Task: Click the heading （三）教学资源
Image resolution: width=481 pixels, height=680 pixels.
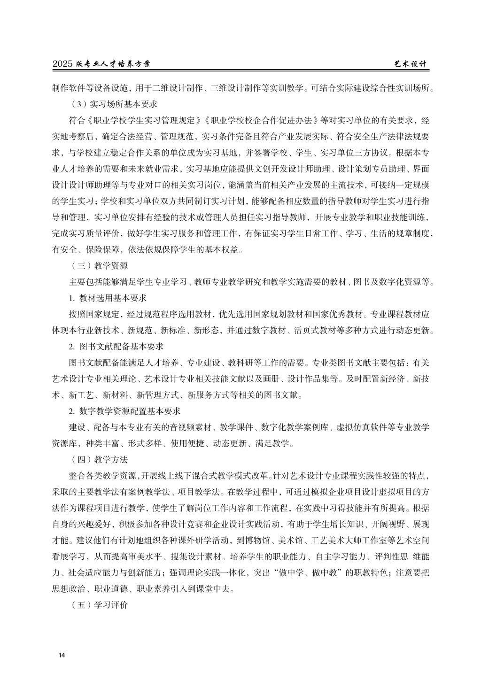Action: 98,266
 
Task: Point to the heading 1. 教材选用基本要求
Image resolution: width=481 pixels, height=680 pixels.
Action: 108,298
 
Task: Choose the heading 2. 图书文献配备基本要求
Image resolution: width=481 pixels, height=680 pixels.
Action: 116,347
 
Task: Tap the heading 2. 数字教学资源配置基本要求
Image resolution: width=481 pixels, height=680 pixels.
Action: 124,411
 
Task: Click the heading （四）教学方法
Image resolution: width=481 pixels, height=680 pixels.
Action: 98,459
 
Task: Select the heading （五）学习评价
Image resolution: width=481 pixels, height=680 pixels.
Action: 98,605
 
